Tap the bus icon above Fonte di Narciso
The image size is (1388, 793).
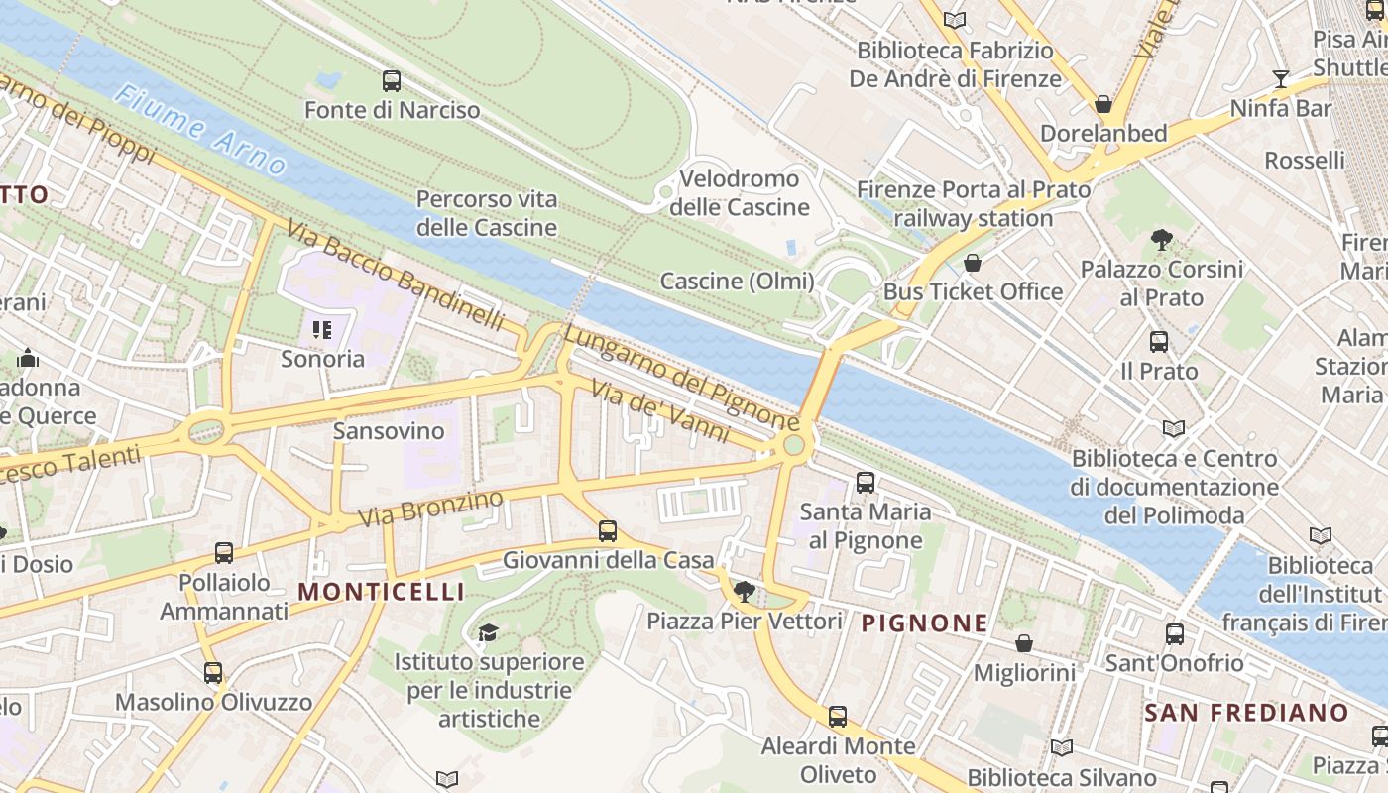coord(392,81)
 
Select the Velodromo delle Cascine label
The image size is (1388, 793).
coord(739,193)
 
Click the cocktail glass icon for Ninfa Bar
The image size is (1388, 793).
coord(1280,79)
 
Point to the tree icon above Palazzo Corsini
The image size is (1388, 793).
coord(1161,239)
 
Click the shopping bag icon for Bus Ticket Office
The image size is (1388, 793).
coord(973,263)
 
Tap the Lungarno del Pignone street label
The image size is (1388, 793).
coord(681,376)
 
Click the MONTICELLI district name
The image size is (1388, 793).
coord(381,592)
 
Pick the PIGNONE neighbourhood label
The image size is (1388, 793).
coord(924,623)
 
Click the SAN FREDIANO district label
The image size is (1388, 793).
coord(1246,712)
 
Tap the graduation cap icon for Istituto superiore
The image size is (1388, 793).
coord(488,632)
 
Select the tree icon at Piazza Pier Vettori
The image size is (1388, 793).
coord(744,593)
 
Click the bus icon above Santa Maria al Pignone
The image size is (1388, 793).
coord(866,483)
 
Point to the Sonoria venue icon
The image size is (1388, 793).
coord(321,329)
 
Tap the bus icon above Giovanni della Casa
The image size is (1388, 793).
coord(608,531)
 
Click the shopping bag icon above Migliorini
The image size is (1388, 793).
coord(1024,643)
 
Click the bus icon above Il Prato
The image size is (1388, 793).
coord(1158,342)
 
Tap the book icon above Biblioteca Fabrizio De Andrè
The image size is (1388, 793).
coord(955,20)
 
